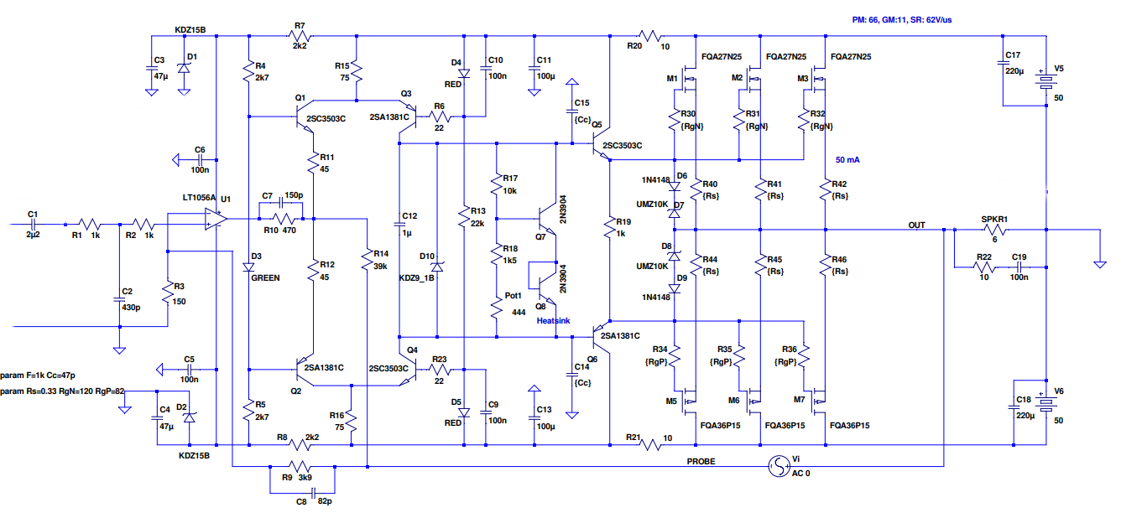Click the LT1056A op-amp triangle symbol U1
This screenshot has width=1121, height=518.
[x=215, y=219]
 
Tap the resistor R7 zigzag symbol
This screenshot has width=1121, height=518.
[x=300, y=35]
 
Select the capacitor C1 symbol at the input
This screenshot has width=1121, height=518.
[x=33, y=224]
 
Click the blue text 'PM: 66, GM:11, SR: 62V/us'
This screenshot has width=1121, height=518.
[x=902, y=20]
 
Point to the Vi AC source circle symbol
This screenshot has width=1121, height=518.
[x=779, y=467]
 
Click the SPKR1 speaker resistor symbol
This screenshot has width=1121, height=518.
[x=995, y=230]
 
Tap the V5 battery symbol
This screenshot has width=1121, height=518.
[x=1046, y=80]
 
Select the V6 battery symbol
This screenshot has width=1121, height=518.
[x=1046, y=402]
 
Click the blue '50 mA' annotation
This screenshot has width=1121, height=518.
[x=847, y=160]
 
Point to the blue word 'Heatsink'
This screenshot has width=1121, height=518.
[x=553, y=320]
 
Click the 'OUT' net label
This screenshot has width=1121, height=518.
[x=916, y=225]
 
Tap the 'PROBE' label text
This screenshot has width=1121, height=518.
[x=701, y=462]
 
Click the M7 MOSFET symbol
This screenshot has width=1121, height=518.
[x=816, y=401]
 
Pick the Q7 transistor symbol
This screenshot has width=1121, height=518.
[x=547, y=219]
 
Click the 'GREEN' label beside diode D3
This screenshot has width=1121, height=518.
[x=265, y=278]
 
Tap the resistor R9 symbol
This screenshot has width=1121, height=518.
[x=300, y=467]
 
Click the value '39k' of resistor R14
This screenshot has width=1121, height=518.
[x=380, y=267]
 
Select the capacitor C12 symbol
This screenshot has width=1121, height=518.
[x=399, y=224]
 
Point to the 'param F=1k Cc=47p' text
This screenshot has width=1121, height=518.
[x=38, y=376]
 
